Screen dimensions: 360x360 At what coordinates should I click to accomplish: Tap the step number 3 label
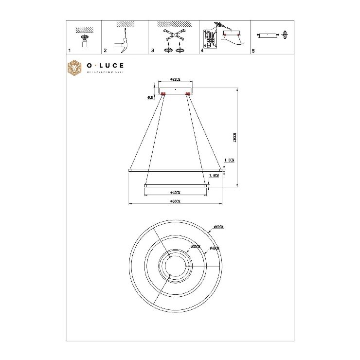tap(153, 51)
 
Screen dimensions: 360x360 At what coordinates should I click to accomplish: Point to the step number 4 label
tap(202, 51)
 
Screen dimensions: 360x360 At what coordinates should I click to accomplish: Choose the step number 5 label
tap(253, 51)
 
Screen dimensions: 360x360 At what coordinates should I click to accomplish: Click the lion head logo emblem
tap(74, 68)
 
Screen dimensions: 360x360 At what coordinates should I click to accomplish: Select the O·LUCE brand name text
tap(105, 65)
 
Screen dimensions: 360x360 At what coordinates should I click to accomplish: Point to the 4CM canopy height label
tap(151, 97)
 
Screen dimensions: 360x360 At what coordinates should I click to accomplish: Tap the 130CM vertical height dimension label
tap(234, 137)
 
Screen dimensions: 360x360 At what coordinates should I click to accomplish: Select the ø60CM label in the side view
tap(176, 201)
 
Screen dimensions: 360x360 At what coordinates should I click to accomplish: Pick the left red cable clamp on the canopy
tap(163, 93)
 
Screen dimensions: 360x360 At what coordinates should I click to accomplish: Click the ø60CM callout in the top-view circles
tap(218, 227)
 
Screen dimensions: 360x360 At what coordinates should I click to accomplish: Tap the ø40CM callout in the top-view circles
tap(214, 248)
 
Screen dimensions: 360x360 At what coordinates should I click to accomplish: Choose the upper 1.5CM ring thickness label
tap(230, 160)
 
